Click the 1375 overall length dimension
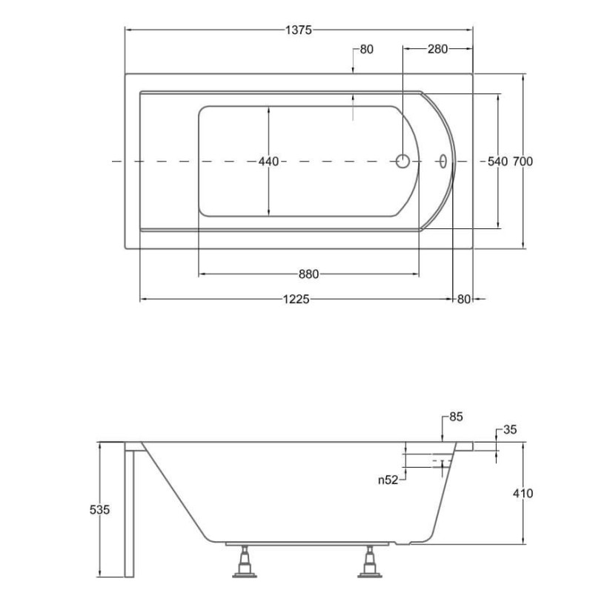point(299,30)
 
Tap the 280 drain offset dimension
point(437,49)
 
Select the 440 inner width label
point(268,162)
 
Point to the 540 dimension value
point(497,162)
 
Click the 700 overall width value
point(523,162)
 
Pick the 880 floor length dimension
point(308,274)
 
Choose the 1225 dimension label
point(296,299)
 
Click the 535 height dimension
point(99,510)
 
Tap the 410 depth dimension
point(523,493)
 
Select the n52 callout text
point(388,480)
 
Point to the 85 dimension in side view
point(456,417)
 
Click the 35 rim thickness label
point(510,430)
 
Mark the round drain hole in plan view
point(402,161)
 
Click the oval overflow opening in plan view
point(443,161)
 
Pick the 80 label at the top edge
point(366,49)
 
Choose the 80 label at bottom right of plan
point(464,299)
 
